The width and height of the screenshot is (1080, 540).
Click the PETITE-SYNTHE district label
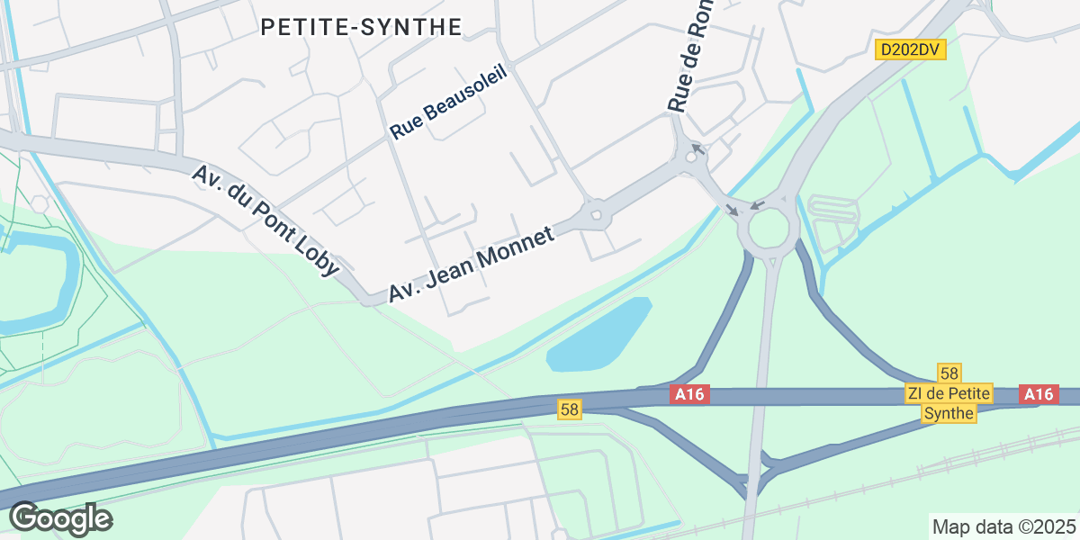tap(361, 27)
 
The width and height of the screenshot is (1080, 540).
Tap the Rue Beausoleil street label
tap(449, 101)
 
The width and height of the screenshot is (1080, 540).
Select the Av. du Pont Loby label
tap(265, 219)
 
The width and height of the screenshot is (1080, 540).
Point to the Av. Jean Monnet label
tap(471, 263)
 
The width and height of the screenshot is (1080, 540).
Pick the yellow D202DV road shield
tap(911, 49)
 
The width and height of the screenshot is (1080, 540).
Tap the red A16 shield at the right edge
tap(1038, 394)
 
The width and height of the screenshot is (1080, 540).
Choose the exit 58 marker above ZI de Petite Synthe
tap(949, 373)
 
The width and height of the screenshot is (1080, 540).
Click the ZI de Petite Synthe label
tap(949, 403)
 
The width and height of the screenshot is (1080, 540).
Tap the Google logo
tap(60, 518)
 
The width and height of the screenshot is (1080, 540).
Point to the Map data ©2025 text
tap(1003, 526)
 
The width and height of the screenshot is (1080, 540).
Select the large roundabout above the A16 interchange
tap(769, 229)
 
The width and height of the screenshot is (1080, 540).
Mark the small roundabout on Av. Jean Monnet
tap(595, 215)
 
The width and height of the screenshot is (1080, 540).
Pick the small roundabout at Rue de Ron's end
tap(691, 157)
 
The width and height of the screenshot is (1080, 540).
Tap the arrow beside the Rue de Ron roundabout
tap(697, 147)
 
